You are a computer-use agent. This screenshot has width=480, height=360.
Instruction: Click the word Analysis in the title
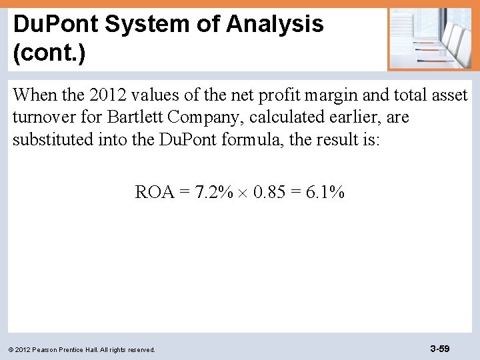click(x=275, y=25)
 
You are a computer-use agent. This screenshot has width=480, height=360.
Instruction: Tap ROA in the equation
click(x=155, y=193)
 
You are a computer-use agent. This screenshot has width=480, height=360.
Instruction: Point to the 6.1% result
click(x=325, y=193)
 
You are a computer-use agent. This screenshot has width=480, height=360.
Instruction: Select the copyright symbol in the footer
click(x=15, y=349)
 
